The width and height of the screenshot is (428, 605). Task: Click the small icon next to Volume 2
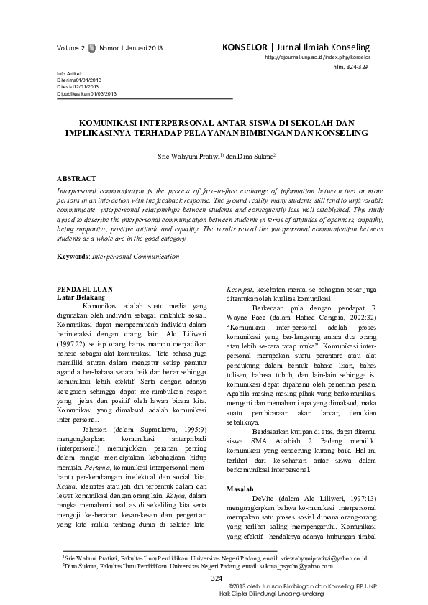91,48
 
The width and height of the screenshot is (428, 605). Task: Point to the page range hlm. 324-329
350,66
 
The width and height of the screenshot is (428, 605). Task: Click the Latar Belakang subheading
81,296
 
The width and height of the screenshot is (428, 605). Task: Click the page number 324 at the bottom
217,578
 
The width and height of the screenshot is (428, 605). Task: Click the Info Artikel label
68,74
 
